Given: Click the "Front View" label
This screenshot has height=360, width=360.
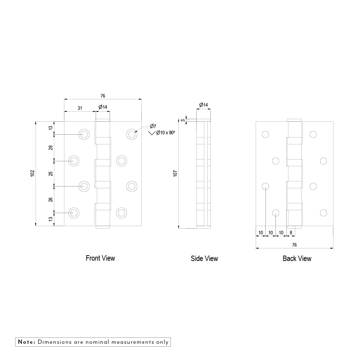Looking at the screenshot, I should (100, 258).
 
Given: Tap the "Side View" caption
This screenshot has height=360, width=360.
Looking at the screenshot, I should (204, 258).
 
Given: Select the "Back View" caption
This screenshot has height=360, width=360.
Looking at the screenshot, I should (297, 258).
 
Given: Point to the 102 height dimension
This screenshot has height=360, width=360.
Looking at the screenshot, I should (32, 174).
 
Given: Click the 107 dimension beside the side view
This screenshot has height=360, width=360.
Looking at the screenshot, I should (175, 174).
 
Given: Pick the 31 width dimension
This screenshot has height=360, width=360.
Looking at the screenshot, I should (80, 108).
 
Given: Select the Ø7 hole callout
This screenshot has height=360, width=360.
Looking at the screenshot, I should (153, 126).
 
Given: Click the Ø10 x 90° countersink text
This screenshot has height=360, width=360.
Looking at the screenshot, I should (165, 133).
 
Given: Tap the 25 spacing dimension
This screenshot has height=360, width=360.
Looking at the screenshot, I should (51, 174).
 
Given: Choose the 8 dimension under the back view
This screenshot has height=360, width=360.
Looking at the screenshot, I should (291, 232).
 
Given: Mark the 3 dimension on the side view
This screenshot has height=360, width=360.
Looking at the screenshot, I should (183, 120).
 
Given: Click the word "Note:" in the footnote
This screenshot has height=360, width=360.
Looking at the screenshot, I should (26, 342).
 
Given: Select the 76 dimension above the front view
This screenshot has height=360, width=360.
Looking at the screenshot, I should (103, 96).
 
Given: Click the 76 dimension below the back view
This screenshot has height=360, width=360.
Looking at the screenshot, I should (295, 245).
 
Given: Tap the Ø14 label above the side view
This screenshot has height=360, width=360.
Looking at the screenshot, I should (204, 105).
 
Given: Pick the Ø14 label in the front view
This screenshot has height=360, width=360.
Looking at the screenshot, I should (103, 107).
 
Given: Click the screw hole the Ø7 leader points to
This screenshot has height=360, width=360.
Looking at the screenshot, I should (132, 134).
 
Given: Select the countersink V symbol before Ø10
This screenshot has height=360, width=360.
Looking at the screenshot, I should (152, 133).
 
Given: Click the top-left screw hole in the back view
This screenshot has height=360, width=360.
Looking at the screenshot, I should (266, 135).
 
